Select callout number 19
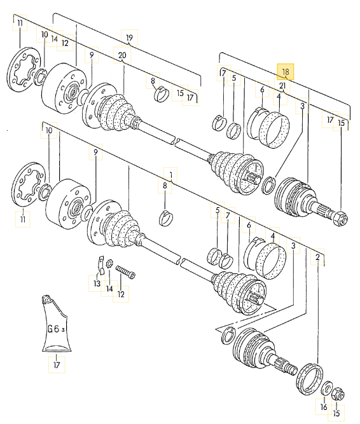(130, 38)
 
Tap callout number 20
(122, 55)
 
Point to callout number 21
(282, 86)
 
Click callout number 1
(170, 172)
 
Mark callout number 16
(324, 407)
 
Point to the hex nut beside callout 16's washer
(338, 394)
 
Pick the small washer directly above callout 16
(325, 388)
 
